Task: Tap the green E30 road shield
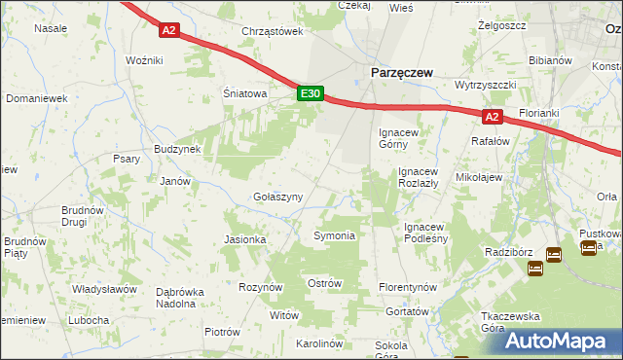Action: [310, 93]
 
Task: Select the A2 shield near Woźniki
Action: [169, 30]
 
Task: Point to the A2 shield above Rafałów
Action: [493, 118]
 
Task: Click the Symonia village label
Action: [334, 235]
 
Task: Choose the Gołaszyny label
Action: [277, 197]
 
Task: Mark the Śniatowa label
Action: [244, 94]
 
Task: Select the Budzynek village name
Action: [177, 148]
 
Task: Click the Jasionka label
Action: [245, 239]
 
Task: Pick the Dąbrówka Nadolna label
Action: [189, 297]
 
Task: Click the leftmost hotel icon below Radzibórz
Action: [534, 268]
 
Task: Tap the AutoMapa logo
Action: [558, 341]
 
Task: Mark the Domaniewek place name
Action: [36, 98]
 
